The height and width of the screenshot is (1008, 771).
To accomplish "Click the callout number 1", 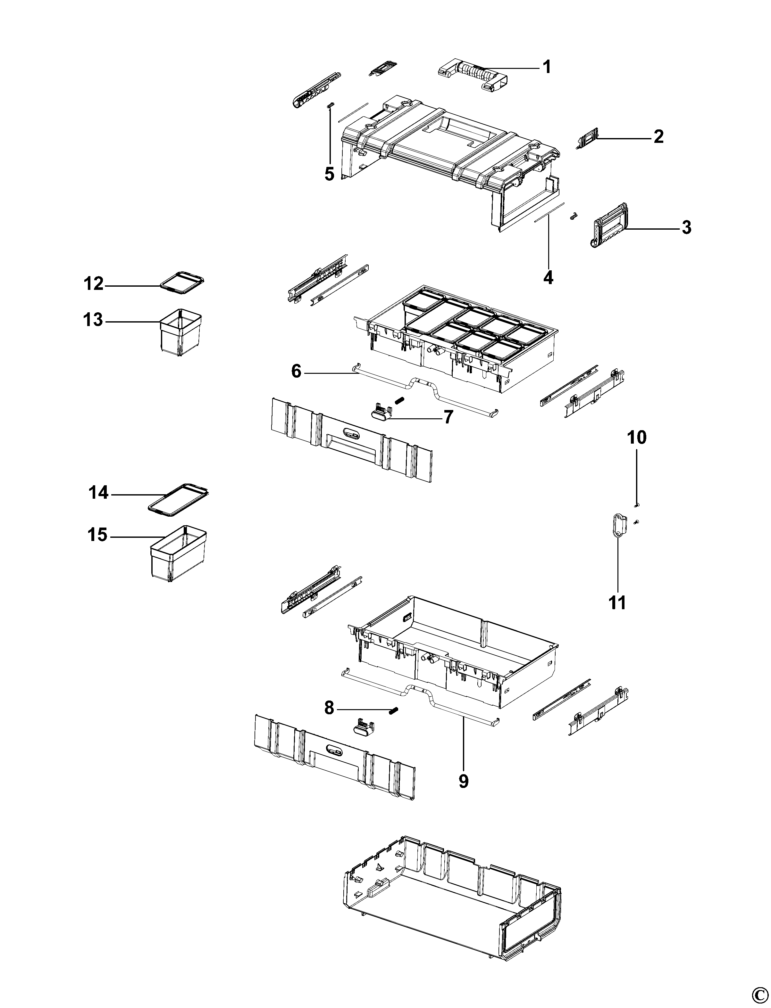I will click(546, 67).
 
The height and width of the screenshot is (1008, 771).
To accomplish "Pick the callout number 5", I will click(330, 174).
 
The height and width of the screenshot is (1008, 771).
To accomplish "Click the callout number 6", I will click(297, 371).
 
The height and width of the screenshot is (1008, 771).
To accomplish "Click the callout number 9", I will click(464, 782).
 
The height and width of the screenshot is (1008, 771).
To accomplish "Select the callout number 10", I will click(637, 438).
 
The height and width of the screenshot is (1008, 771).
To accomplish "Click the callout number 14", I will click(98, 493).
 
